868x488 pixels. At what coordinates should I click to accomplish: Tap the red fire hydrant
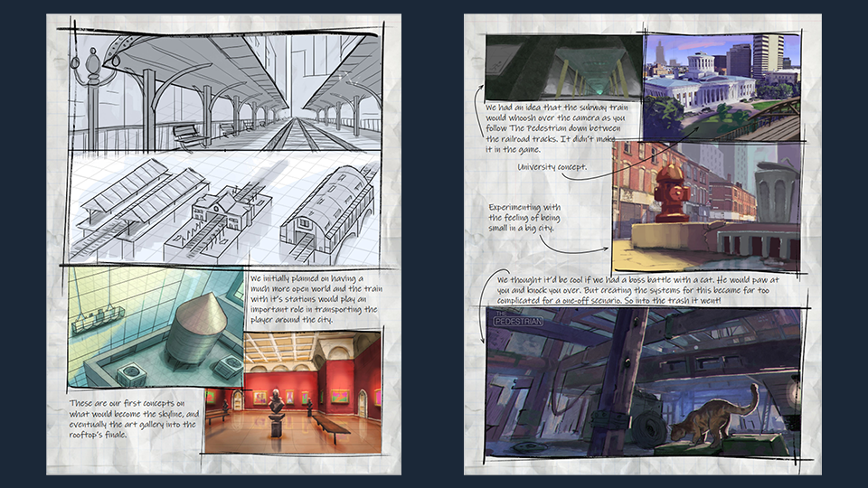(672, 193)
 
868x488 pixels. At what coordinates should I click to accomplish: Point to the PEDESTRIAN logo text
(518, 321)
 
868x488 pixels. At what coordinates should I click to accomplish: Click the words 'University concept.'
(552, 166)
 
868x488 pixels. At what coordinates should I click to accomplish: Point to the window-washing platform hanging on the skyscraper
(98, 320)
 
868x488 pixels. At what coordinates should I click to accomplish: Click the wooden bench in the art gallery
(332, 427)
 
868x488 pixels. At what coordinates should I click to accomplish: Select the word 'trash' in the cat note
(686, 300)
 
